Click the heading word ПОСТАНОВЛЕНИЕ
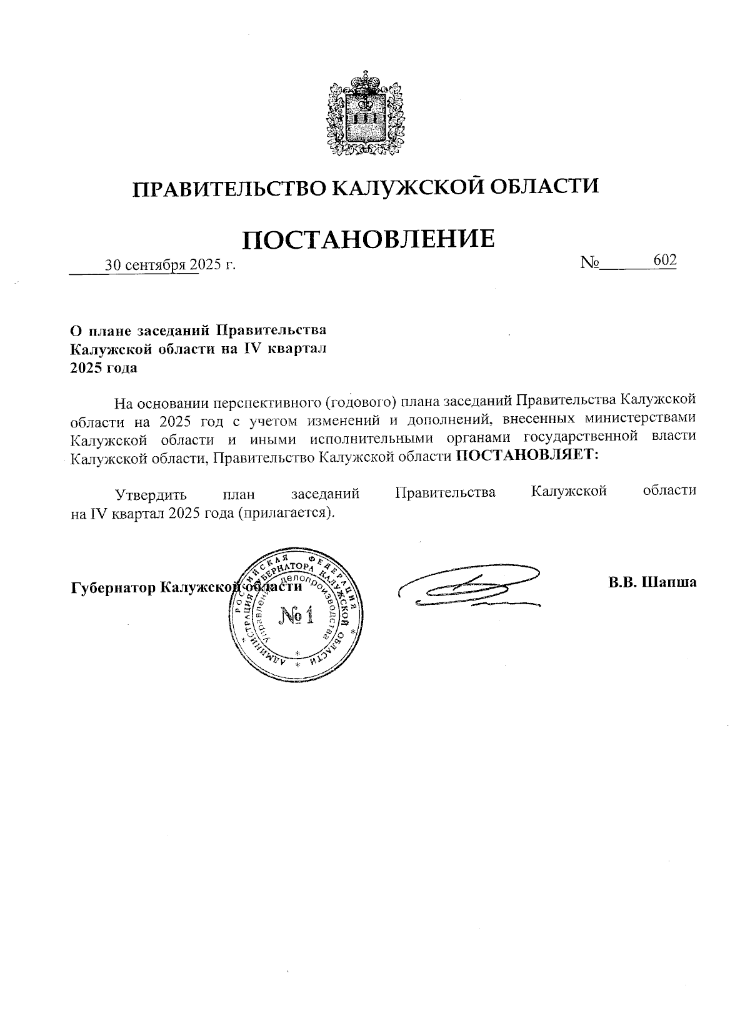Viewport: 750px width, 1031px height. [369, 238]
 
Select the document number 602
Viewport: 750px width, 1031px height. [664, 260]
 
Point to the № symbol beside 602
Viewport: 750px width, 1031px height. [590, 263]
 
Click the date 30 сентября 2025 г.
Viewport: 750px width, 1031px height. [170, 265]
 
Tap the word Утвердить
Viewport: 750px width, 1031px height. [151, 493]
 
